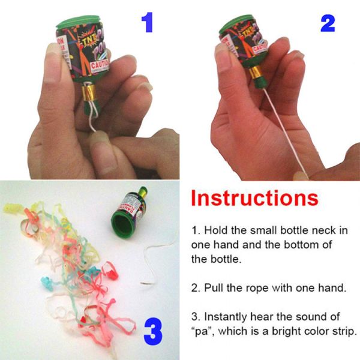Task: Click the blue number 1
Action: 148,22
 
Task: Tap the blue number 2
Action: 327,22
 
